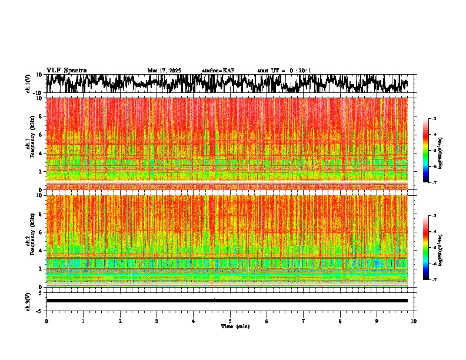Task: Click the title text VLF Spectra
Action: pos(66,70)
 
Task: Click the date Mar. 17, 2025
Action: pos(164,71)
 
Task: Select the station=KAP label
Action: pos(218,71)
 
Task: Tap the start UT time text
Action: pos(284,71)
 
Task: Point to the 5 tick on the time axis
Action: pos(230,321)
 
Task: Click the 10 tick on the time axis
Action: pos(414,321)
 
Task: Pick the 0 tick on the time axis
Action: pos(46,321)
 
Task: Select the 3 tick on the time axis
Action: pos(157,321)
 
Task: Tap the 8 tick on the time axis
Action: pos(340,321)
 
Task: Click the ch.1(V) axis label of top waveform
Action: pos(28,84)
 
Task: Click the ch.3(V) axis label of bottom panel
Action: pos(28,301)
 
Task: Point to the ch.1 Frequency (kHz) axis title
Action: pos(30,143)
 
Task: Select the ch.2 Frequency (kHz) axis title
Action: pos(30,240)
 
